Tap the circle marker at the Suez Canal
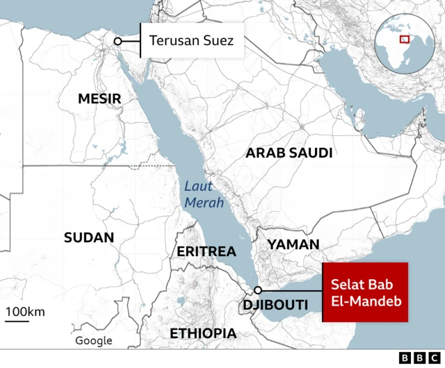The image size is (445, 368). (118, 42)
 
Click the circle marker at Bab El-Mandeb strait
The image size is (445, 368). (258, 290)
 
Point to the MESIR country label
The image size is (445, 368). (99, 99)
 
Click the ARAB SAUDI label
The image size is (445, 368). (289, 153)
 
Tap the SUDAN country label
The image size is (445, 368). (89, 237)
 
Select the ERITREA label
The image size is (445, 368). (207, 251)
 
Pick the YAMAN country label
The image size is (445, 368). (293, 244)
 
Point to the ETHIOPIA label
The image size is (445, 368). (203, 333)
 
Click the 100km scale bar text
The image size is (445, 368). (26, 311)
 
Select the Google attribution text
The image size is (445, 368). (94, 340)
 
